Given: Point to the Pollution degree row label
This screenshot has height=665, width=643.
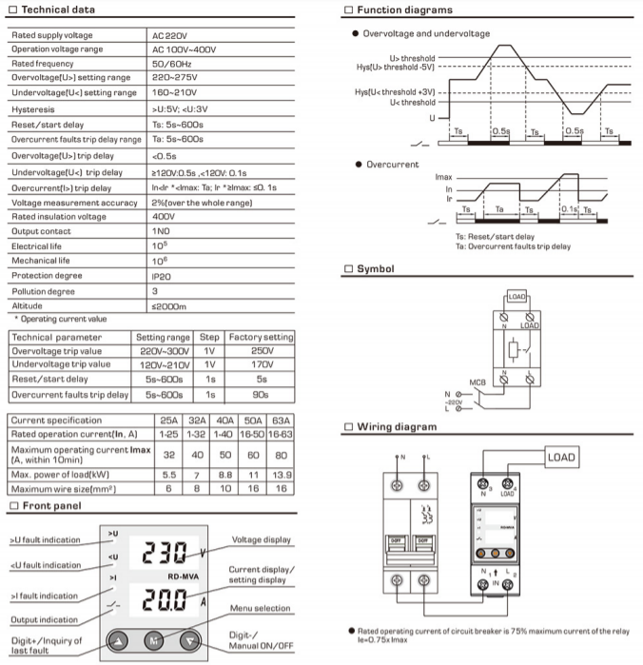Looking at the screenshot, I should tap(47, 290).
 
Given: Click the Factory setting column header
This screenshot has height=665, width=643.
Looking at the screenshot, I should tap(261, 337).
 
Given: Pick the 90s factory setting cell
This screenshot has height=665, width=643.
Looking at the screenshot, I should tap(261, 394).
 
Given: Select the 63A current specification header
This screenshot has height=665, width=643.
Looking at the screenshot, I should tap(281, 420).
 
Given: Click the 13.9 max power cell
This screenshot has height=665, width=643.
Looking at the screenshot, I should tap(281, 473).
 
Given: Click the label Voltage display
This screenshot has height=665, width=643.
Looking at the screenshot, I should tap(263, 539).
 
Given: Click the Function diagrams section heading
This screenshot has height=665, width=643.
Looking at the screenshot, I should tap(404, 10).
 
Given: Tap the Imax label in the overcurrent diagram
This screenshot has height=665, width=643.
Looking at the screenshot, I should tap(441, 178).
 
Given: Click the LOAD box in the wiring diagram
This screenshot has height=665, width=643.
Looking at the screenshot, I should tap(560, 458).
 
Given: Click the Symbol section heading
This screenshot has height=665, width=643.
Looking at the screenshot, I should tap(375, 269).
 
